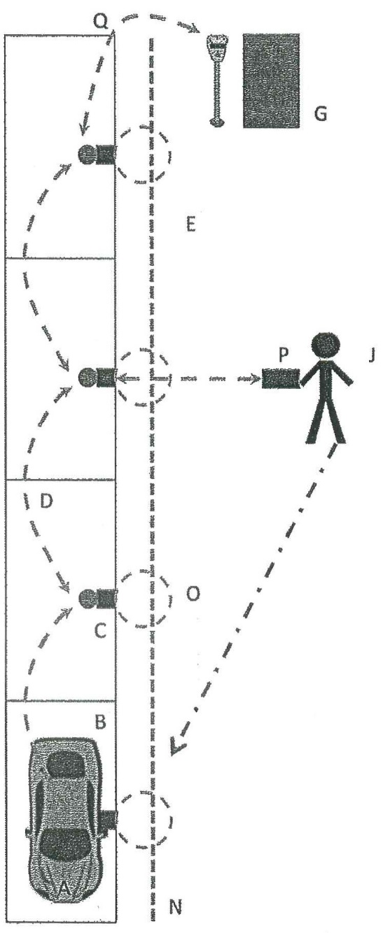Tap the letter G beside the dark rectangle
point(321,113)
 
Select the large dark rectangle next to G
point(271,80)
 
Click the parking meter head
point(217,46)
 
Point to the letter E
point(190,225)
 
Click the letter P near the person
point(284,355)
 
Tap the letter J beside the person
point(372,355)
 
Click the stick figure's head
point(326,345)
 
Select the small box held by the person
point(281,378)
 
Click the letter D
point(46,501)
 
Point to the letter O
point(193,594)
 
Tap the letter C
point(101,631)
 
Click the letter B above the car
point(100,722)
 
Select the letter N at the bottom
point(176,906)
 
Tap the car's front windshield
point(67,764)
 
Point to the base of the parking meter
point(217,122)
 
